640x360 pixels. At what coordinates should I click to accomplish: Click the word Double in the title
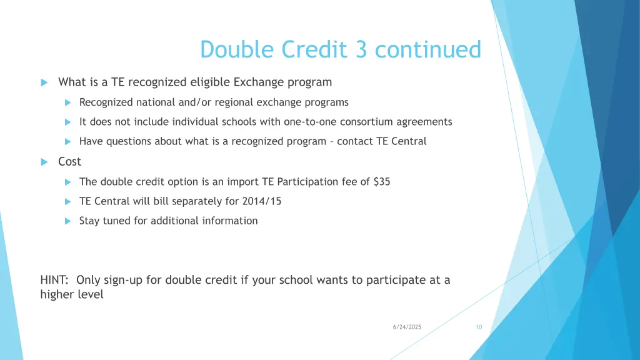pyautogui.click(x=238, y=49)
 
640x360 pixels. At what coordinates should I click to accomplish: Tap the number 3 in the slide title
pyautogui.click(x=361, y=49)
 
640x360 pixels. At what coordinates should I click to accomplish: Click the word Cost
pyautogui.click(x=69, y=161)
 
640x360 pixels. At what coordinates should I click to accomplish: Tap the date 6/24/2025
pyautogui.click(x=407, y=327)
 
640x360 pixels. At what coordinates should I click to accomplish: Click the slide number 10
pyautogui.click(x=479, y=327)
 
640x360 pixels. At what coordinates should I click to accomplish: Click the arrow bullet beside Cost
pyautogui.click(x=44, y=162)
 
